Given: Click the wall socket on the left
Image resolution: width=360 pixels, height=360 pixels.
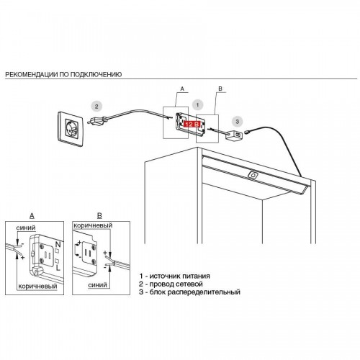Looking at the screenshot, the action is [x=71, y=129].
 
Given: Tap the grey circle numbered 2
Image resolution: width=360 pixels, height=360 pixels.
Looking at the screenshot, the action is [x=96, y=107].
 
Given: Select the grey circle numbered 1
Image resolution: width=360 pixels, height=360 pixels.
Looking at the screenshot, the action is [x=197, y=105].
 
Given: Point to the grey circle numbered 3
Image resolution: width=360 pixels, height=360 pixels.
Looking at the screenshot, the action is [x=237, y=121].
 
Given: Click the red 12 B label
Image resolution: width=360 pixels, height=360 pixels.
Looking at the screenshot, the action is [x=192, y=124].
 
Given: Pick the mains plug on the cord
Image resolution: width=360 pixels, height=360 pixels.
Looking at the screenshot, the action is [x=96, y=120].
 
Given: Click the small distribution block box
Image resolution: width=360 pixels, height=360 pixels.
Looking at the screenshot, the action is [x=234, y=135].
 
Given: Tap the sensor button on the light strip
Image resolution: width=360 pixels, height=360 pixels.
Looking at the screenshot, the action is [x=252, y=176].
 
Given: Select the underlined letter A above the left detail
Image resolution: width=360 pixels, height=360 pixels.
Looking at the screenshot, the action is [x=32, y=216].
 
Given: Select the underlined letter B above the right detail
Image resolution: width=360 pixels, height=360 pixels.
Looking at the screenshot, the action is [x=99, y=216].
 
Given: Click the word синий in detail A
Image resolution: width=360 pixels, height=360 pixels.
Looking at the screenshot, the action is [x=26, y=228].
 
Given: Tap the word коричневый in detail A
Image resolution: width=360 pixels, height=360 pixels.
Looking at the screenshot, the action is [x=37, y=286].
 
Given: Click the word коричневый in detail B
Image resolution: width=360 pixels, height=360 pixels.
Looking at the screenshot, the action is [x=93, y=225].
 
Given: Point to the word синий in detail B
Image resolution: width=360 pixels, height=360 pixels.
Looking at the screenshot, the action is [x=97, y=285].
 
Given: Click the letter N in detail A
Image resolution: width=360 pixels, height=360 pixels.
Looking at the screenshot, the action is [x=58, y=245].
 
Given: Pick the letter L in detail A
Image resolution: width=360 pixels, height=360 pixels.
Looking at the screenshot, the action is [x=58, y=268].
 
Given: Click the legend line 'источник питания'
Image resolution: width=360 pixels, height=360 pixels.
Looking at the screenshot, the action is [x=174, y=276].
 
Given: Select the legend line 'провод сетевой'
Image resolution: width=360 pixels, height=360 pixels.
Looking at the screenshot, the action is [x=171, y=284].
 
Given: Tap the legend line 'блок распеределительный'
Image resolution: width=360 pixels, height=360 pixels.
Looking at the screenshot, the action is [x=189, y=292].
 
